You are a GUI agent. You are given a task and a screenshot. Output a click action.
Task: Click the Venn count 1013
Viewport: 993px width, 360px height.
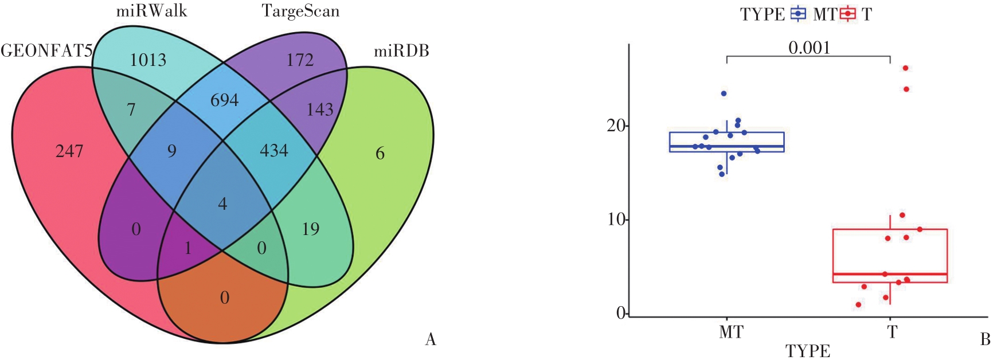click(148, 60)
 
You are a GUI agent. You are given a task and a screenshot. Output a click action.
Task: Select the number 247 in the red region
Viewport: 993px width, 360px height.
click(69, 151)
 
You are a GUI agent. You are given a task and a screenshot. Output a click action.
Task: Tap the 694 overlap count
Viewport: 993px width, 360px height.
click(224, 100)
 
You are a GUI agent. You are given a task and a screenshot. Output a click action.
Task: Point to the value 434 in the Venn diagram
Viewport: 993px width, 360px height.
click(274, 151)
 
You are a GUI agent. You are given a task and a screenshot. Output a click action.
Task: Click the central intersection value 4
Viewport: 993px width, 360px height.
click(222, 204)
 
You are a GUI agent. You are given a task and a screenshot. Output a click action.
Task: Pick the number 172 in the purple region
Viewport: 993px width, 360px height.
click(300, 60)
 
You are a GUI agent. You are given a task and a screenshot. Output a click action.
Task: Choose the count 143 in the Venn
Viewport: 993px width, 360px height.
click(320, 109)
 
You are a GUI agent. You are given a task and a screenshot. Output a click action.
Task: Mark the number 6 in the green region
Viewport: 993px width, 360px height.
click(380, 154)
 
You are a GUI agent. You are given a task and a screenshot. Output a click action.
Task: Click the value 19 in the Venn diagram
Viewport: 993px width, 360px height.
click(311, 229)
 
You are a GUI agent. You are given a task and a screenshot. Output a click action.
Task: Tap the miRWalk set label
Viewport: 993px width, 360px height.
click(151, 11)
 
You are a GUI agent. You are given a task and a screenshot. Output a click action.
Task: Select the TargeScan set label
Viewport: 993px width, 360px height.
click(300, 11)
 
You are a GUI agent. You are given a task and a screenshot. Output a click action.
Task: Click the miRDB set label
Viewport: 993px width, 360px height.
click(401, 52)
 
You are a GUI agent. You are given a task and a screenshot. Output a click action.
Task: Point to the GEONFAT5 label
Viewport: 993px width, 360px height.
click(46, 52)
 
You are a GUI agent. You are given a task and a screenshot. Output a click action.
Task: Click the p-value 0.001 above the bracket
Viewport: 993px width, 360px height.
click(809, 48)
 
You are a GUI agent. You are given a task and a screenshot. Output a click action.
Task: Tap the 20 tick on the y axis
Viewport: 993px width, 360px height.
click(616, 126)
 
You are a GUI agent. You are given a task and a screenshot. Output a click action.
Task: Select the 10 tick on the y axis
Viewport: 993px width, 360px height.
click(616, 220)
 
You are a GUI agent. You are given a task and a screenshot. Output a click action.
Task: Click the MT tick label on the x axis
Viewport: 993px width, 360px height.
click(730, 332)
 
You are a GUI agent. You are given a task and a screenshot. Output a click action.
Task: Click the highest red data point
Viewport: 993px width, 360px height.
click(905, 68)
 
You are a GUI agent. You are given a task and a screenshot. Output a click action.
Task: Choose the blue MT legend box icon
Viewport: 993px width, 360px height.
click(798, 14)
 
